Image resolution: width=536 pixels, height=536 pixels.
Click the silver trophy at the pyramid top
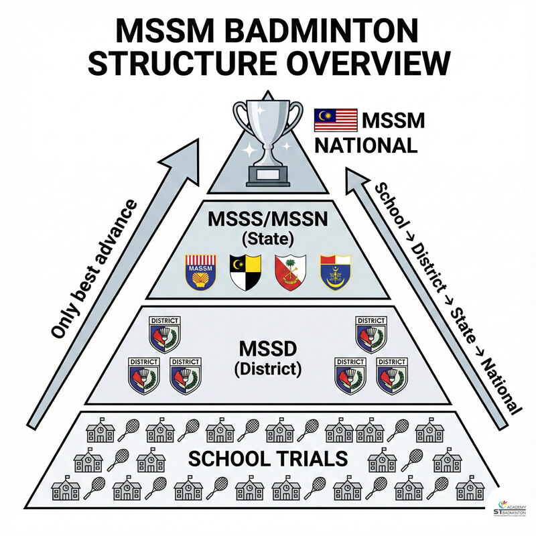267,141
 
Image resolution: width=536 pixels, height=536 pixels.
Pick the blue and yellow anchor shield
334,271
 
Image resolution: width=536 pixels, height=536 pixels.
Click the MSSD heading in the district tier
267,350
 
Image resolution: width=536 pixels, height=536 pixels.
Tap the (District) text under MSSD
267,368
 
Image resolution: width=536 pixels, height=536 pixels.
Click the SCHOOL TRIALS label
267,459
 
